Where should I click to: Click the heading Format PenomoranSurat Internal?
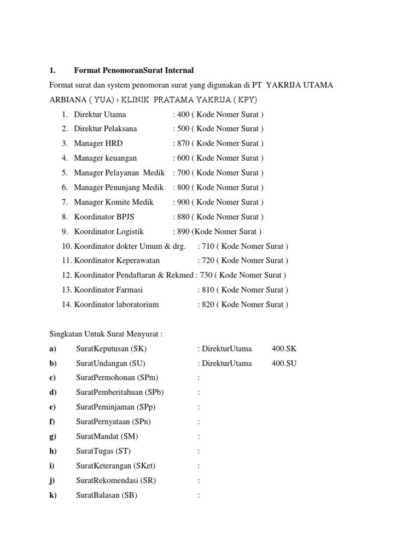(134, 71)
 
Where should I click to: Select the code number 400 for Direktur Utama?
(184, 114)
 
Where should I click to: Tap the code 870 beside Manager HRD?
(184, 143)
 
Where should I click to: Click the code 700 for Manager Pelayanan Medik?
(184, 173)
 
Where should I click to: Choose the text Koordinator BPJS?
(104, 217)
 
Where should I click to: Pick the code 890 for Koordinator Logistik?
(184, 231)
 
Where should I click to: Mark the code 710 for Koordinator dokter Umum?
(208, 246)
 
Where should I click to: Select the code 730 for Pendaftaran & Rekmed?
(208, 275)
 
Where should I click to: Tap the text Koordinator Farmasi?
(109, 290)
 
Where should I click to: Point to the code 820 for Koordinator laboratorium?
(208, 304)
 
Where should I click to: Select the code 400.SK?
(284, 348)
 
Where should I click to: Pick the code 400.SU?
(284, 363)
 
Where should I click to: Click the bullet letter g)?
(52, 436)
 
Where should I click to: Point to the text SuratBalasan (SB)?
(107, 495)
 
